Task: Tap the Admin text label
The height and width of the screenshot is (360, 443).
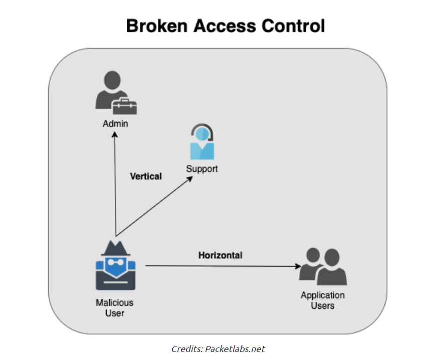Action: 115,123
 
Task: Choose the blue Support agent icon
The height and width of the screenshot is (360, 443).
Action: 202,142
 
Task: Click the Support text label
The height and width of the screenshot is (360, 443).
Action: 202,169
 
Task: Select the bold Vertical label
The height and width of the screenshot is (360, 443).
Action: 146,176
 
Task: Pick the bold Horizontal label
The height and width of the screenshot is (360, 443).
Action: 220,255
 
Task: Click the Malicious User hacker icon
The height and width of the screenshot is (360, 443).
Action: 116,266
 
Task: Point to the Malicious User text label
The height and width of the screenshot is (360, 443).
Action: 115,308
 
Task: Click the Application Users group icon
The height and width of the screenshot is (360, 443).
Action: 323,266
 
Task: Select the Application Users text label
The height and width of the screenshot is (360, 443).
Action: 323,300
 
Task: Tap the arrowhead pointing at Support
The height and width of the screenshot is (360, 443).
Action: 191,178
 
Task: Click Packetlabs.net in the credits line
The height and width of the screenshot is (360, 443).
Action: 235,348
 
